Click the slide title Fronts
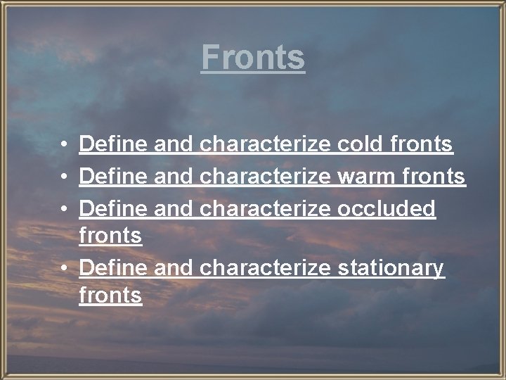253,57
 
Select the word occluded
387,208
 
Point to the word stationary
391,268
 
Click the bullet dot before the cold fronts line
63,146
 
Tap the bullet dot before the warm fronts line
63,177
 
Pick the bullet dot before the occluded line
63,208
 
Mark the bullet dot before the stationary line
63,269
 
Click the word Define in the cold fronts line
113,145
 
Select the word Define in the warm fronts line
113,176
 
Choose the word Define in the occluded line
113,208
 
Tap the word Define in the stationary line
113,268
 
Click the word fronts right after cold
422,145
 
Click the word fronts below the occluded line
111,236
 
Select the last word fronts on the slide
111,296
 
